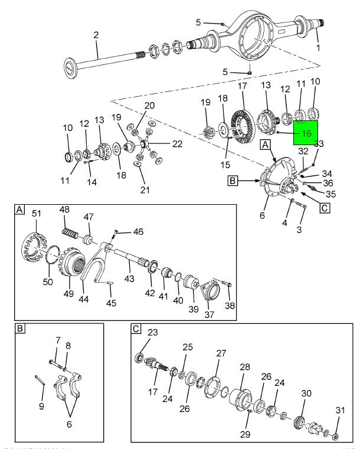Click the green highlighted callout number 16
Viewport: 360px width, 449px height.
pos(306,133)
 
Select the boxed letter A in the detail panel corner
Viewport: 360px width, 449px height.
pos(21,210)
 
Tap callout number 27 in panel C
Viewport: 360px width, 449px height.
pos(221,353)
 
